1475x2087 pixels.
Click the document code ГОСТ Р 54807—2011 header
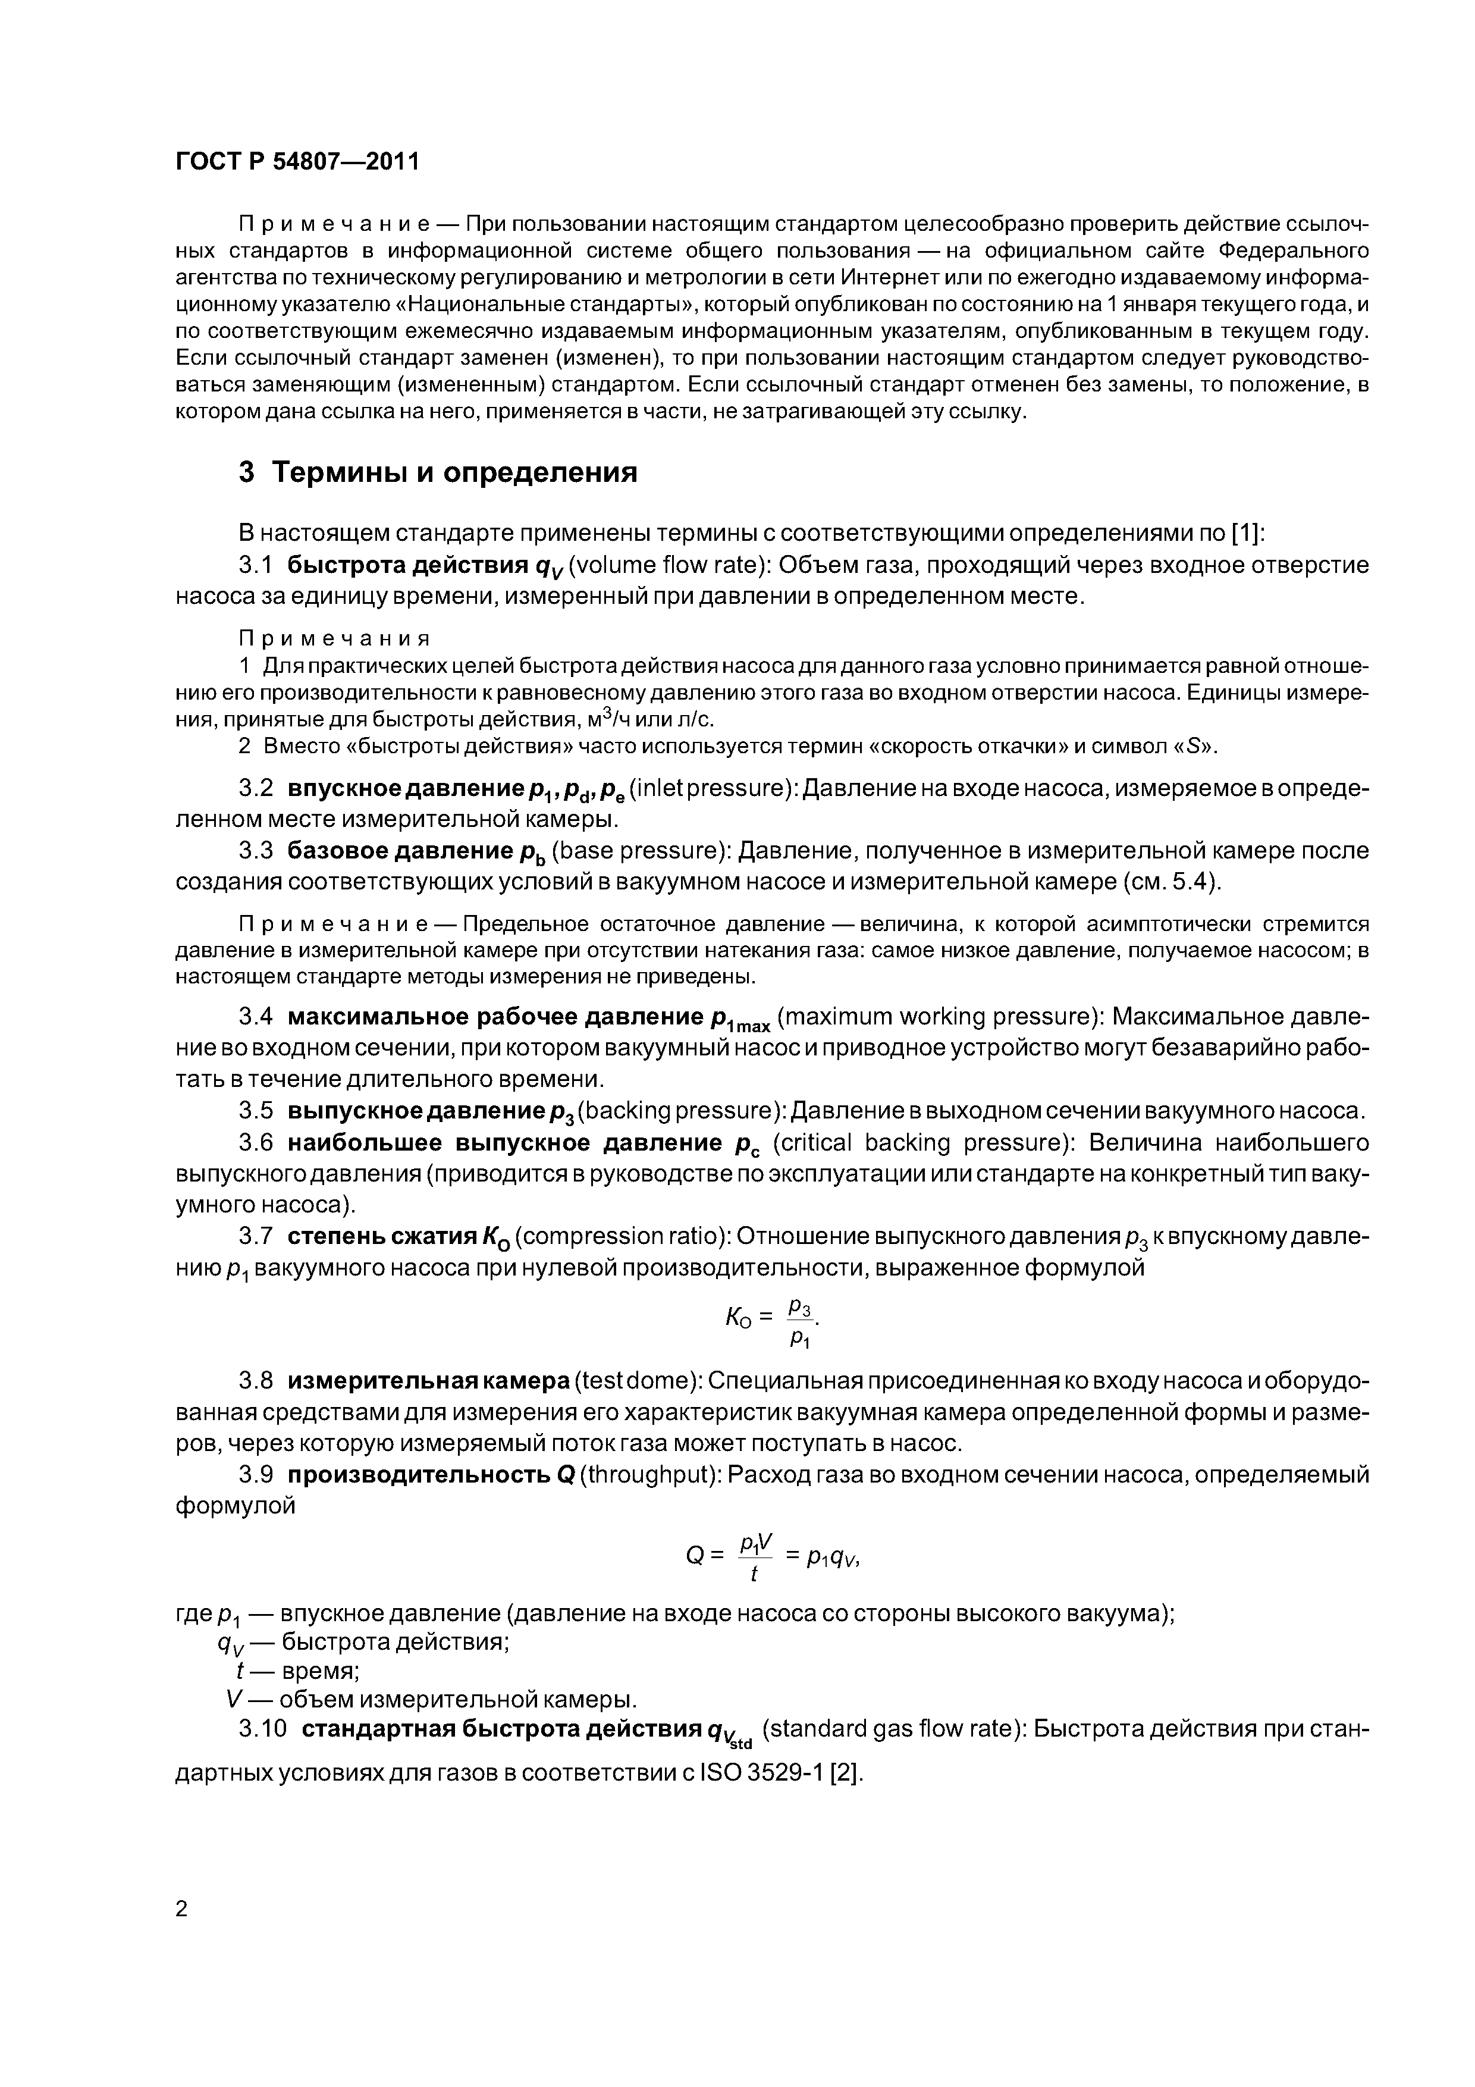coord(297,162)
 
